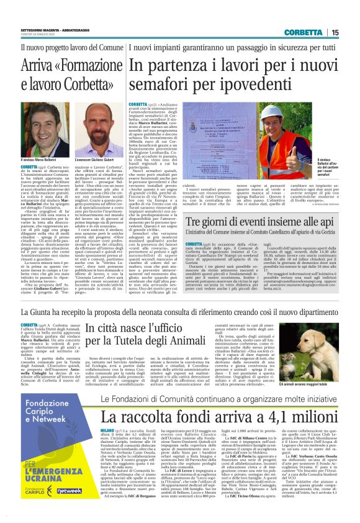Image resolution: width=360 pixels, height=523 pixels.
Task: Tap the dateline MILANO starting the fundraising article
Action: (x=107, y=429)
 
